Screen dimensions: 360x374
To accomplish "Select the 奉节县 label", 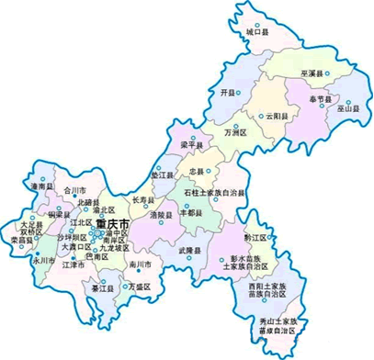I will [323, 96].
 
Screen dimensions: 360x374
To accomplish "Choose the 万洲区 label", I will [236, 132].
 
